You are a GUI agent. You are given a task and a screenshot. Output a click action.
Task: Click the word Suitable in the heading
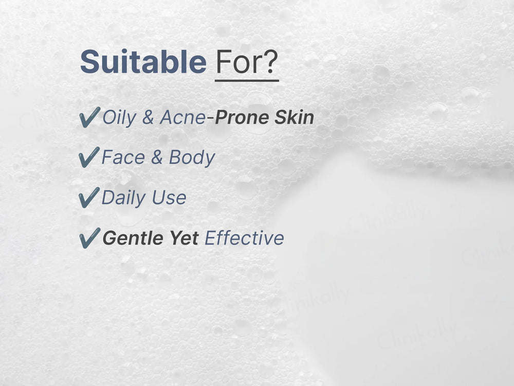click(143, 62)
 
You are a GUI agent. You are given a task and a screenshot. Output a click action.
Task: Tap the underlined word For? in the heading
click(247, 62)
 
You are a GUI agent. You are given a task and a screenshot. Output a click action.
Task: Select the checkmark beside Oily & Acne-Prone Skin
click(89, 118)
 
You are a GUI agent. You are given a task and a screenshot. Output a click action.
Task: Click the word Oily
click(119, 118)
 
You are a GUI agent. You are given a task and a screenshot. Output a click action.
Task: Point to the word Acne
click(182, 118)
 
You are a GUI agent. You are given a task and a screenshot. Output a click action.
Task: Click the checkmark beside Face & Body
click(89, 157)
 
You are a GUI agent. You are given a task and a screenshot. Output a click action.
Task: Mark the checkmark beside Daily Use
click(89, 198)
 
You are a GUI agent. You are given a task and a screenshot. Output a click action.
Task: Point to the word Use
click(170, 198)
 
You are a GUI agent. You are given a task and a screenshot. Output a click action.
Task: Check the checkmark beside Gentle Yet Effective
click(89, 238)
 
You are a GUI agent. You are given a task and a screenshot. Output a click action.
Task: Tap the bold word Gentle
click(131, 238)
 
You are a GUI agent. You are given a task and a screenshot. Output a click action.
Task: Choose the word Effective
click(244, 238)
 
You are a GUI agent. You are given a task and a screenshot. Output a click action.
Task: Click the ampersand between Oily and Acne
click(148, 118)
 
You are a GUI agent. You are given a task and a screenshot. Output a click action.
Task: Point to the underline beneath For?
click(247, 80)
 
